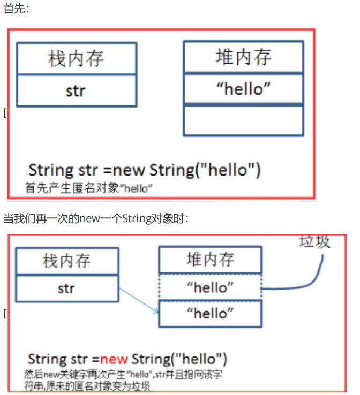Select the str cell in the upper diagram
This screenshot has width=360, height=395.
coord(76,90)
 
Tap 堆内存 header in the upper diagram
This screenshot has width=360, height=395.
coord(243,57)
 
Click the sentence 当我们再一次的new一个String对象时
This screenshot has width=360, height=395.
coord(96,218)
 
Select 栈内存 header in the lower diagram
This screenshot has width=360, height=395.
coord(66,261)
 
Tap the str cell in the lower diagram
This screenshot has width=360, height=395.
coord(66,288)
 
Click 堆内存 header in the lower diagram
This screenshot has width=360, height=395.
coord(210,260)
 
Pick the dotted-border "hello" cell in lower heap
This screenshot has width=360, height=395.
coord(210,287)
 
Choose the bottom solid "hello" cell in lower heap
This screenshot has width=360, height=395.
coord(210,313)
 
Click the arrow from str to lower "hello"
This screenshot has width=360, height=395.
coord(138,300)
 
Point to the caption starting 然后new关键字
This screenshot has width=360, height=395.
coord(123,379)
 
